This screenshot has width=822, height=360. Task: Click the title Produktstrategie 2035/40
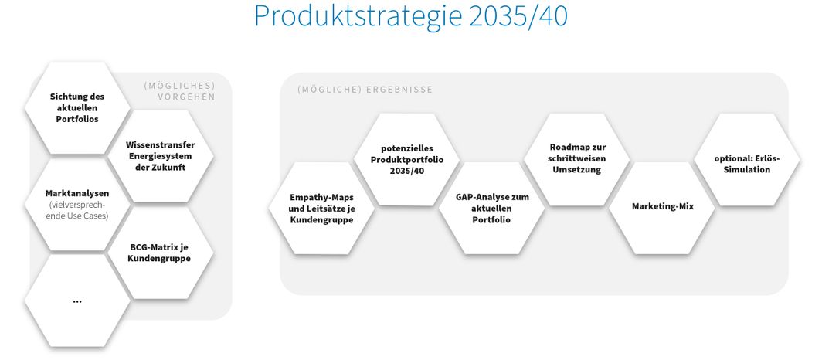tap(410, 15)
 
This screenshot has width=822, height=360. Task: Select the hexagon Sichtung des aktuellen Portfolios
tap(77, 108)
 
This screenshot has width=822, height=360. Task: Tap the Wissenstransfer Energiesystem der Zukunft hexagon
tap(160, 156)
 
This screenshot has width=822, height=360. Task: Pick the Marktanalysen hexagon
tap(77, 205)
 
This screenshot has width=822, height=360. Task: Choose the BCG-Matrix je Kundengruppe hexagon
tap(160, 253)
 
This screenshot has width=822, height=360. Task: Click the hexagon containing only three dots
tap(77, 301)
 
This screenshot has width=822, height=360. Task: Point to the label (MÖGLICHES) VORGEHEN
tap(179, 91)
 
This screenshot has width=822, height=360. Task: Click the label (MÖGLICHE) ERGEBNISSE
tap(365, 90)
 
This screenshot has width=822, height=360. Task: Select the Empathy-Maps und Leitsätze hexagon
tap(321, 208)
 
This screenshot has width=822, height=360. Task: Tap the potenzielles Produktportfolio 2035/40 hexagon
tap(406, 160)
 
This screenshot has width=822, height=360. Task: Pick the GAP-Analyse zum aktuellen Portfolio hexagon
tap(491, 208)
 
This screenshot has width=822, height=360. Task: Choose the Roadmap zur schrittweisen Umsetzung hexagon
tap(576, 160)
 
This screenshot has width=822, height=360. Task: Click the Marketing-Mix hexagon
tap(662, 208)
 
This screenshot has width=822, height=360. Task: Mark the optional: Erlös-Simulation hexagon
tap(747, 160)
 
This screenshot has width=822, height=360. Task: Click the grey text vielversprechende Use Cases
tap(77, 210)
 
